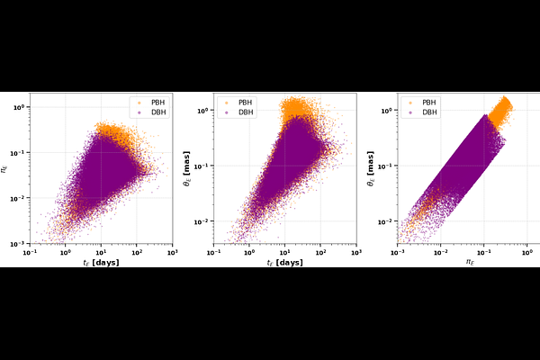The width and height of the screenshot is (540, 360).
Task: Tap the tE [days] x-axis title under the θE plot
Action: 284,263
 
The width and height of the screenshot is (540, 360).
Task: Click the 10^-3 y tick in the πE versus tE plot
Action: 19,243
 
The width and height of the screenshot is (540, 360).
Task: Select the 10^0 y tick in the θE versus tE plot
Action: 203,111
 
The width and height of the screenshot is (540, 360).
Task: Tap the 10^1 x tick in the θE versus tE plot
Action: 285,250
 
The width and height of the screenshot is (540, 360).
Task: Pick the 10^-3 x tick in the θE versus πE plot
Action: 398,250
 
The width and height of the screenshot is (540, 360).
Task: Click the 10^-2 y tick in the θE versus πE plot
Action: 386,221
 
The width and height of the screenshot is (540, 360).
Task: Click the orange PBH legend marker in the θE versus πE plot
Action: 410,102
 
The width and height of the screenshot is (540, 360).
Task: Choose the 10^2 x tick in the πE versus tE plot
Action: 136,250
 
